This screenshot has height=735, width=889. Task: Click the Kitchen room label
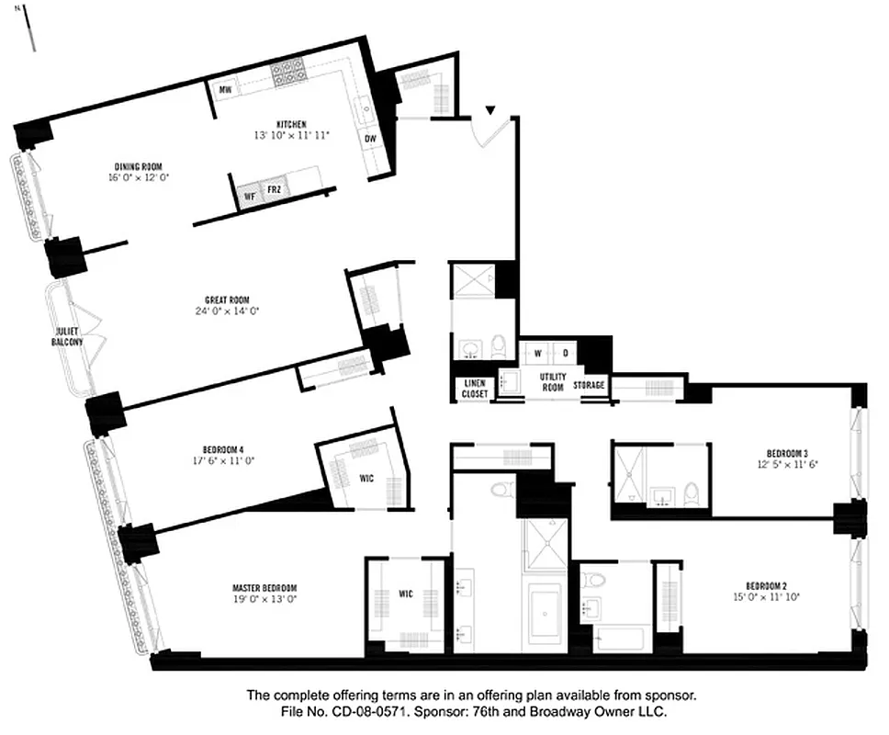291,124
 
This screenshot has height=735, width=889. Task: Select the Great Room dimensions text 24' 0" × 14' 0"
227,311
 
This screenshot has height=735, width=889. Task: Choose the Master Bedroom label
264,588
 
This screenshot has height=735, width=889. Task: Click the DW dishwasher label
370,139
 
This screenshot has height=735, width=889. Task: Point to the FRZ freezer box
274,190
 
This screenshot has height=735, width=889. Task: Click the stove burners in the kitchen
290,71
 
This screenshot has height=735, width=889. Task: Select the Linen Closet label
474,389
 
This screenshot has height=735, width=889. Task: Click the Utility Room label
552,382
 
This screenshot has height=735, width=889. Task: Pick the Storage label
590,385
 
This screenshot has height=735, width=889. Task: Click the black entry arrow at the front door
491,111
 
